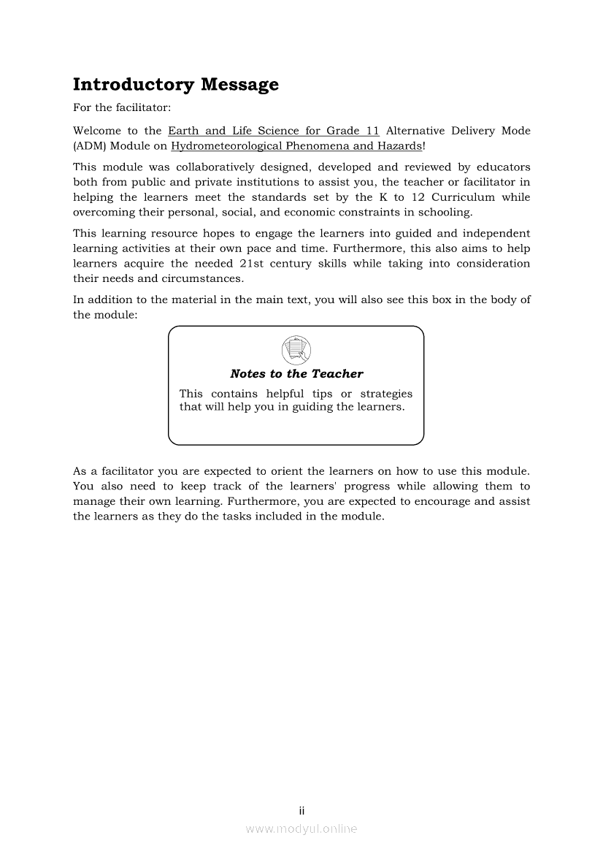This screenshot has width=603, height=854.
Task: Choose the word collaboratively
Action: coord(231,167)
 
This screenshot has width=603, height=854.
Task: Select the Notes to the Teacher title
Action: coord(296,374)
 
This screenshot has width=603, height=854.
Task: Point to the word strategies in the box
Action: coord(386,394)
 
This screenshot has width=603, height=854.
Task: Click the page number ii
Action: coord(301,811)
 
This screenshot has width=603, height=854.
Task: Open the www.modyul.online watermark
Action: coord(301,829)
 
